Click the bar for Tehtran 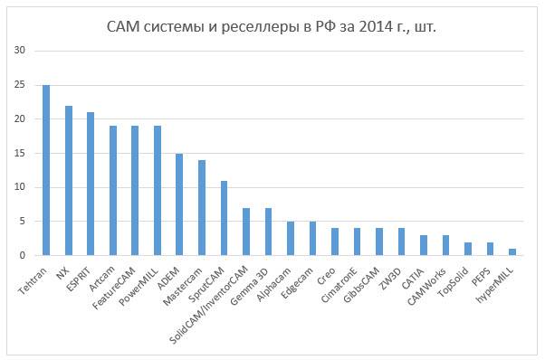pyautogui.click(x=46, y=170)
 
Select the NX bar pyautogui.click(x=68, y=181)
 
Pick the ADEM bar pyautogui.click(x=179, y=204)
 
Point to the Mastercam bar pyautogui.click(x=201, y=208)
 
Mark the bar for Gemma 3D pyautogui.click(x=268, y=232)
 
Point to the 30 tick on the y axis pyautogui.click(x=20, y=51)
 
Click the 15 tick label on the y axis pyautogui.click(x=20, y=154)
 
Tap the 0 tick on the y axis pyautogui.click(x=23, y=256)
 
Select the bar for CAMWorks pyautogui.click(x=446, y=245)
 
